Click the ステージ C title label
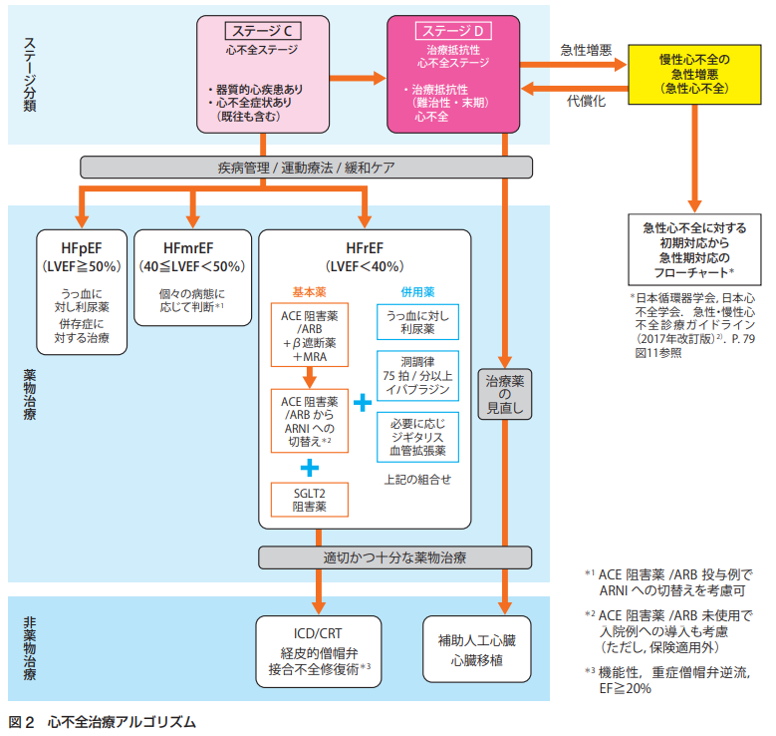[x=259, y=32]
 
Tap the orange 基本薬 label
[x=309, y=291]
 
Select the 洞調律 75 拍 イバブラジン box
[x=417, y=374]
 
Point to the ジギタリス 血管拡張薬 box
[x=417, y=436]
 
